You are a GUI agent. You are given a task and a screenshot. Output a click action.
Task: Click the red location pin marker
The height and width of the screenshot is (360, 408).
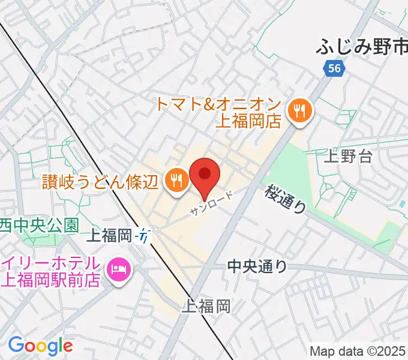[205, 176]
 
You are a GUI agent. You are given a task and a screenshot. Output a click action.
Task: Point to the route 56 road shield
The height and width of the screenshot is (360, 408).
[335, 68]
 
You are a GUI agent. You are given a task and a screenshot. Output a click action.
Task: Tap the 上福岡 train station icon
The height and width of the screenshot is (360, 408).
[145, 236]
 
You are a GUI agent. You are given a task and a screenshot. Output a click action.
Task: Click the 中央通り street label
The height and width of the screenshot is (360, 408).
[257, 266]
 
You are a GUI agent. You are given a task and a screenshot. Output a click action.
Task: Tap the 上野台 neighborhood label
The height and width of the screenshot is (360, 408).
[348, 158]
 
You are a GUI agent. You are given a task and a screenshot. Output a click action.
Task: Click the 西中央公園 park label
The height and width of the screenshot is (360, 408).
[40, 226]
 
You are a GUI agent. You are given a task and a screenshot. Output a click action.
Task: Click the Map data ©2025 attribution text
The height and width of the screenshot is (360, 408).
[358, 352]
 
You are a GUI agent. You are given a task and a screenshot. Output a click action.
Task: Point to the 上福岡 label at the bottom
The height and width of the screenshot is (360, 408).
[206, 307]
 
